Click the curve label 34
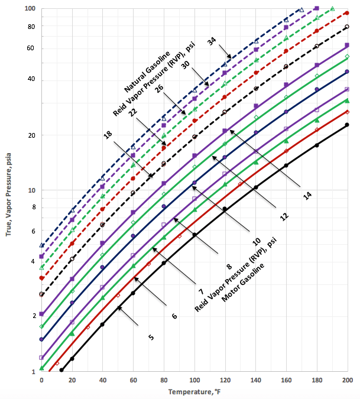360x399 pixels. point(212,41)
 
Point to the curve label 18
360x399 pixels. point(108,135)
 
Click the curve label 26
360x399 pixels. point(159,89)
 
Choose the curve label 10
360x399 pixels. point(257,242)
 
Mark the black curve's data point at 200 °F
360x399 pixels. point(347,125)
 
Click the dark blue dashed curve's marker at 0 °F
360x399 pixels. point(41,245)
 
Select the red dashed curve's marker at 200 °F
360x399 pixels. point(347,12)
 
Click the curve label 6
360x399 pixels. point(174,316)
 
